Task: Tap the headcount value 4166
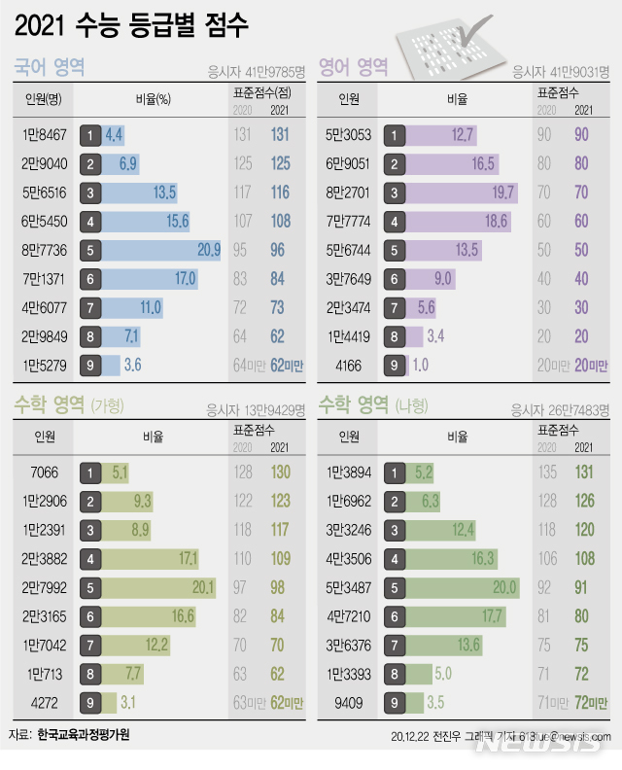(x=349, y=366)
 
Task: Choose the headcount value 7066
(x=45, y=473)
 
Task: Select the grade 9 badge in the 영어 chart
(x=396, y=366)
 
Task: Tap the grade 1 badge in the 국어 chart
(x=90, y=135)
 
